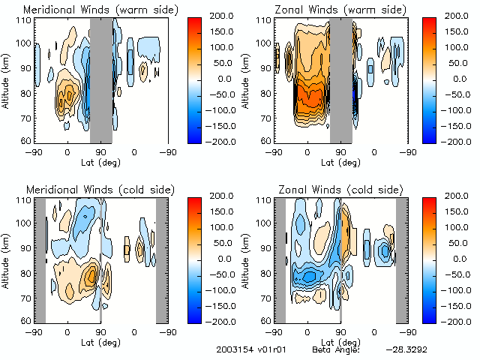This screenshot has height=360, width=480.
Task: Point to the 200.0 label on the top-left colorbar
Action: [223, 15]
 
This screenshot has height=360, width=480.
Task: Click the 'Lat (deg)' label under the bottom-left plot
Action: [100, 342]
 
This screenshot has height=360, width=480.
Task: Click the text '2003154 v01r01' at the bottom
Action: [245, 349]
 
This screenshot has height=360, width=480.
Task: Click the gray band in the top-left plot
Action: [101, 80]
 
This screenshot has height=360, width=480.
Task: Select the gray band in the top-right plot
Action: [341, 80]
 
